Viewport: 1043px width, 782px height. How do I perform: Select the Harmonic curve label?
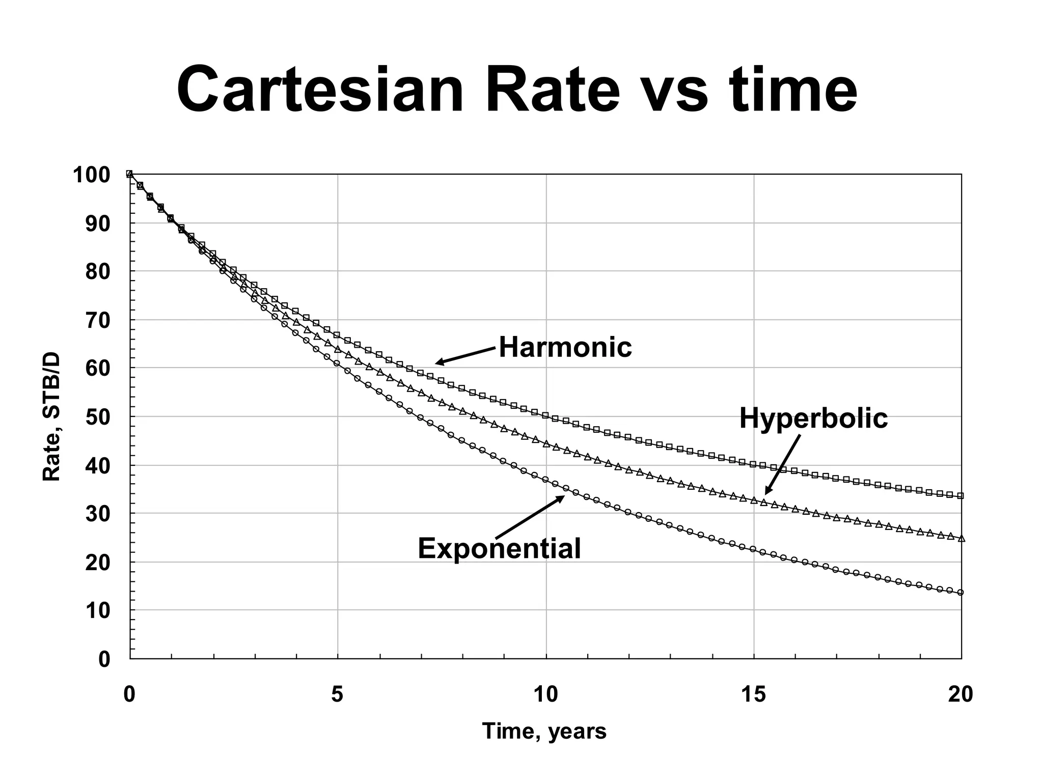tap(565, 348)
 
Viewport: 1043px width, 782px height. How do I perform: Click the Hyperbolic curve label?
tap(813, 418)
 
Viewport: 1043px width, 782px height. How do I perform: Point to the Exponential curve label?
tap(499, 549)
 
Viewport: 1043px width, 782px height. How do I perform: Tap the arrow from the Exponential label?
tap(530, 516)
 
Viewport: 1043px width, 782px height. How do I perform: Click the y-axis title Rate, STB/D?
tap(51, 416)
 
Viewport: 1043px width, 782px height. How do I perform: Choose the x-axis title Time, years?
tap(544, 732)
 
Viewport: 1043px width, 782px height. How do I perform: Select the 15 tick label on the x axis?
tap(753, 694)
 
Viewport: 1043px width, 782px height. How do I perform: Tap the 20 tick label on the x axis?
tap(960, 694)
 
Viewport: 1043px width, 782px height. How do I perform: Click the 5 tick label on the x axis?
tap(337, 694)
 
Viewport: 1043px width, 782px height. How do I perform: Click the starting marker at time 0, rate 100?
tap(129, 174)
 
